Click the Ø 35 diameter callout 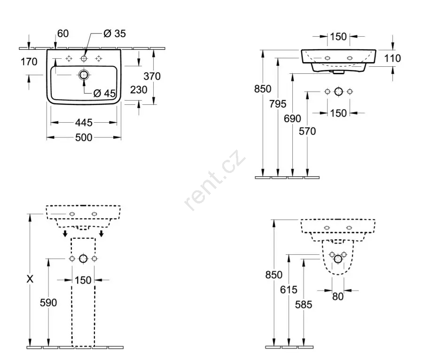[x=115, y=34]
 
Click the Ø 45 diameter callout [x=104, y=93]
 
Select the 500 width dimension [x=84, y=137]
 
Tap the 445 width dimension [x=84, y=123]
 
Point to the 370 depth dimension [x=152, y=76]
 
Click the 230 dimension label [x=139, y=89]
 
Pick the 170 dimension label [x=29, y=62]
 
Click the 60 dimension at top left [x=63, y=33]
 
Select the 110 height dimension [x=393, y=58]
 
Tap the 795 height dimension [x=278, y=104]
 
